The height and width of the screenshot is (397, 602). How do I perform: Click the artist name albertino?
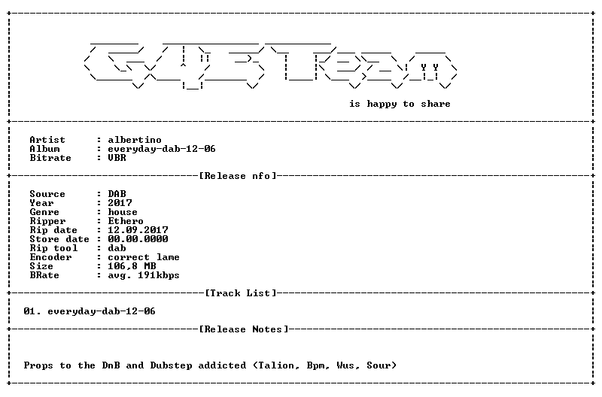(135, 140)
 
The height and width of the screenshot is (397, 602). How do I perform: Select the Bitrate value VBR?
(117, 158)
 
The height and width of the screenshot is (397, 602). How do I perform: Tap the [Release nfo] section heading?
(238, 176)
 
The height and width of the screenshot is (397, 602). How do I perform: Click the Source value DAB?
(117, 194)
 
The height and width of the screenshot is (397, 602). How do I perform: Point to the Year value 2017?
(120, 203)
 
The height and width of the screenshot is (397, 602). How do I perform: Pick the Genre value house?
(123, 212)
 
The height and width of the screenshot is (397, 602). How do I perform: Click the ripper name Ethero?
(126, 221)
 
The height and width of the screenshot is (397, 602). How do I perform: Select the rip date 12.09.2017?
(138, 230)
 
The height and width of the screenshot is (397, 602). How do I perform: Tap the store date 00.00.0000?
(138, 239)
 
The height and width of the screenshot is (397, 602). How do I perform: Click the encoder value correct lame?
(144, 257)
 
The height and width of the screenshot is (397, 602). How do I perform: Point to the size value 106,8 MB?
(132, 266)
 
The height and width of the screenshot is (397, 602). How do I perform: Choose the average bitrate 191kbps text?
(159, 275)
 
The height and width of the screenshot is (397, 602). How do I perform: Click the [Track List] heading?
(241, 293)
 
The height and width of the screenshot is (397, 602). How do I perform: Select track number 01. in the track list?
(32, 311)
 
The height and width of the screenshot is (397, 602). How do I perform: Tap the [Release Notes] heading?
(244, 329)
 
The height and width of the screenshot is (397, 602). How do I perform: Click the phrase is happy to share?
(400, 104)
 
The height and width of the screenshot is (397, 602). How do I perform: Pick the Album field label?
(44, 149)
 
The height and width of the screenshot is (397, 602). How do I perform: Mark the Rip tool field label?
(53, 248)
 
